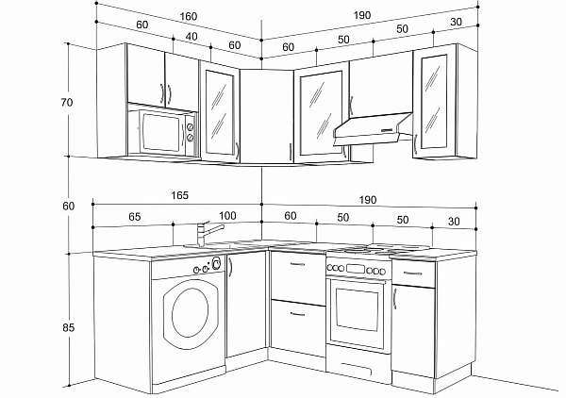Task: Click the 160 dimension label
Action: (189, 16)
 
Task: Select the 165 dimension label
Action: (179, 195)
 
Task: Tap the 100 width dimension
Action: (227, 216)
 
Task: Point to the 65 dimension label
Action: (134, 217)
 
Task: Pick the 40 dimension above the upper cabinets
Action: (191, 37)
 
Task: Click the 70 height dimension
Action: (67, 103)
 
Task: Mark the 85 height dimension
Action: (68, 327)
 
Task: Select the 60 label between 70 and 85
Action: (68, 206)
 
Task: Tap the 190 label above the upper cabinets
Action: (361, 15)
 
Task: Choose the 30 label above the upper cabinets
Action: (456, 22)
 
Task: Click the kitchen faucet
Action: (208, 234)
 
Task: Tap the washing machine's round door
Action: (191, 313)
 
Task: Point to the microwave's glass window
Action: (161, 133)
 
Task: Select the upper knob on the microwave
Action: (190, 127)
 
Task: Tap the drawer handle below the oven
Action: (356, 370)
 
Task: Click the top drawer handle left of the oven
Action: (297, 265)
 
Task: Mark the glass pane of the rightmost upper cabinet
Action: (434, 102)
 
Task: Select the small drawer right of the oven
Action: (413, 274)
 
